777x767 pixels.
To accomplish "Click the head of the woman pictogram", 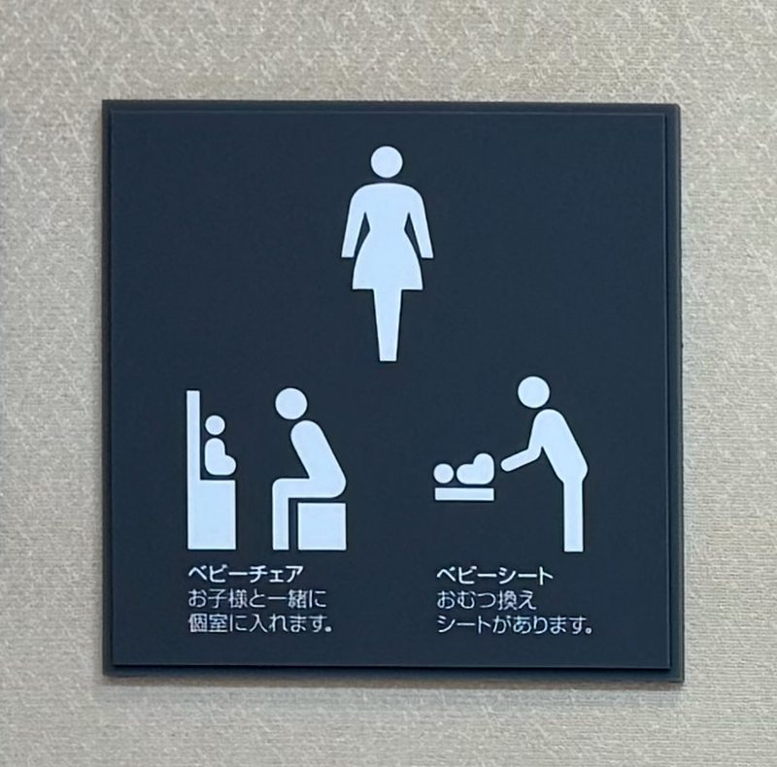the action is click(x=387, y=161).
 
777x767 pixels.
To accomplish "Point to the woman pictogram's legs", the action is click(x=388, y=324).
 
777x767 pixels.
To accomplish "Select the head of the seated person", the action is click(x=290, y=404).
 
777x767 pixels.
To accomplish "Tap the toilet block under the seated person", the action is click(x=321, y=525).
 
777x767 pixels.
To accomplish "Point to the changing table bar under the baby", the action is click(x=464, y=494).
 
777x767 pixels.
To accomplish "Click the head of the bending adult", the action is click(x=533, y=392).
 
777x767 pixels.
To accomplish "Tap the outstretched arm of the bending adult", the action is click(x=521, y=457).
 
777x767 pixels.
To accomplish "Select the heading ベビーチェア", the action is click(x=246, y=574).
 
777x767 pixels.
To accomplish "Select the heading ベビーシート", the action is click(x=494, y=575).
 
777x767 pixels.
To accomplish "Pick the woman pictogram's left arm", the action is click(x=352, y=223).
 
